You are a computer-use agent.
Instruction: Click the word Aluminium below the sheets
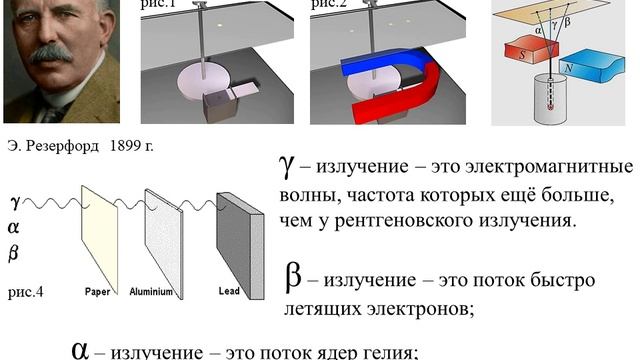click(x=153, y=292)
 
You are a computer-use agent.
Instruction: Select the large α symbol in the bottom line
click(x=81, y=348)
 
